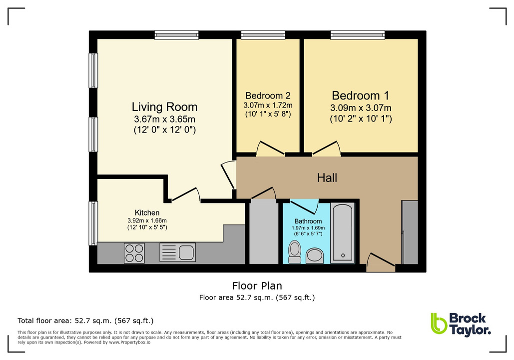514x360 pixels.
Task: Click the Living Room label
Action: (164, 107)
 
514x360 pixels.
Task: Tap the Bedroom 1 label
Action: (360, 95)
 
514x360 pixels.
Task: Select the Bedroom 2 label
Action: (268, 95)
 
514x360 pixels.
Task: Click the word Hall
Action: (327, 177)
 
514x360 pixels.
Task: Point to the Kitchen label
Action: (147, 212)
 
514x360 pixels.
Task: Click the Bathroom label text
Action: (308, 221)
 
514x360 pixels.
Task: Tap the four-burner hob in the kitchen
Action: (134, 252)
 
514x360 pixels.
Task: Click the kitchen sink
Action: (178, 252)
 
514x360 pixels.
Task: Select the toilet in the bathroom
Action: (295, 251)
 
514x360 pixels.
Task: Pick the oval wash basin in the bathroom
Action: (315, 256)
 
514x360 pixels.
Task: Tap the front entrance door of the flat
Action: (381, 263)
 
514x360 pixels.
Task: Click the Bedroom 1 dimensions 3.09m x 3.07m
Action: (360, 108)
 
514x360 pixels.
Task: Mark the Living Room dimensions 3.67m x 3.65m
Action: (164, 119)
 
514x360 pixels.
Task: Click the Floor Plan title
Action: (257, 286)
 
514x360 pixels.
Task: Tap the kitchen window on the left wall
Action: (93, 223)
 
